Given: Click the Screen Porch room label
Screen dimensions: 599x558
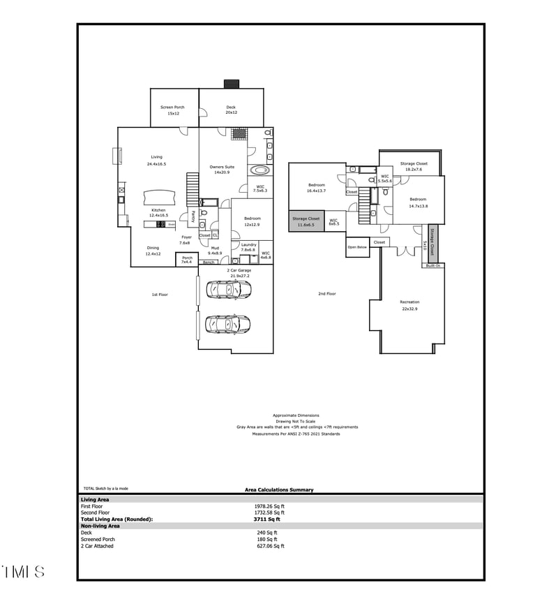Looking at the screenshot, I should click(x=172, y=110).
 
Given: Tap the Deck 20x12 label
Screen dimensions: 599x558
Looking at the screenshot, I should click(x=231, y=110).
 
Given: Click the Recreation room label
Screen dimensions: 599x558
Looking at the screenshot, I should click(x=409, y=305).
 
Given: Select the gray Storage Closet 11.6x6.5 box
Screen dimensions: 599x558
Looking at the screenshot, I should click(x=306, y=221).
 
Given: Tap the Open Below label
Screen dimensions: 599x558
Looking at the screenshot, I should click(x=357, y=246).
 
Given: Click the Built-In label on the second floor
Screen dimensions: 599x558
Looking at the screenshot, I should click(x=433, y=265).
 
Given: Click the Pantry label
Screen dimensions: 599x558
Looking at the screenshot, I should click(x=193, y=216).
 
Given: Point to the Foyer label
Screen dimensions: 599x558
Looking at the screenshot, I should click(x=186, y=240).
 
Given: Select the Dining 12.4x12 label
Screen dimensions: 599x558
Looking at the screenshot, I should click(x=153, y=251).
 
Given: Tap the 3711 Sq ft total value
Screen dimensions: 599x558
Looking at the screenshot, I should click(x=266, y=519).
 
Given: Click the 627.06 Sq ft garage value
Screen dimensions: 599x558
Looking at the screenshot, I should click(x=270, y=546).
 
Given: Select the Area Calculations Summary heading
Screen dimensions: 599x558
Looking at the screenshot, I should click(x=279, y=489).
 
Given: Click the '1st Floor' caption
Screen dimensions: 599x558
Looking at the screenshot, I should click(x=160, y=295).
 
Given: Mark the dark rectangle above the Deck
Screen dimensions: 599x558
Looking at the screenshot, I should click(x=231, y=84).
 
